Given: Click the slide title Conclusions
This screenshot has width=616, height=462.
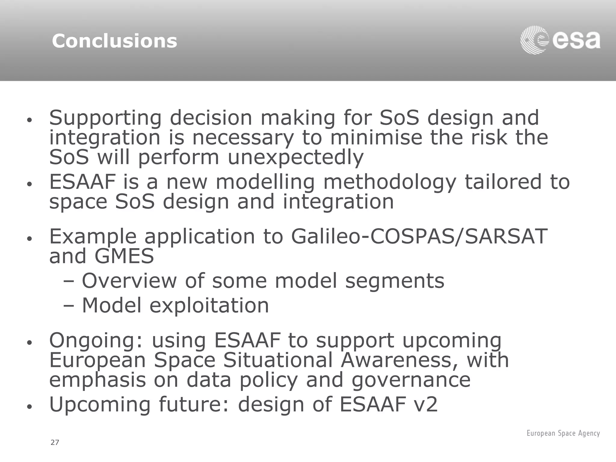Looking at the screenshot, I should pos(114,41).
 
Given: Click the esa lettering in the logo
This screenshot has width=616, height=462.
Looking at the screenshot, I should pos(576,41).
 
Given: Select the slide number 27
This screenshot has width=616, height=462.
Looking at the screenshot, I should pos(55,442).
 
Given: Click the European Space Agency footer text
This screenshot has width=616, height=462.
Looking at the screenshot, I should pos(563,433).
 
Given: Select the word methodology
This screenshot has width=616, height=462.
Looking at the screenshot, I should pos(390,182).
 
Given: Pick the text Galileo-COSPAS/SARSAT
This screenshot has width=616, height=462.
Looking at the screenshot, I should pos(419,236).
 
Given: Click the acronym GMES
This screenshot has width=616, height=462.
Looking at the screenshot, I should pos(124,256).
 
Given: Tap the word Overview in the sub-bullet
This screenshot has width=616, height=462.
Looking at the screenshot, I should pos(129,281).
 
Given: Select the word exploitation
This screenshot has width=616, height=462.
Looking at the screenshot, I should pos(209,305).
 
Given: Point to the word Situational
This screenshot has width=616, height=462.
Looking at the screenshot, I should pos(277,360).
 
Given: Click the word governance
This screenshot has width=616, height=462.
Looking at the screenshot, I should pos(411,380).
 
